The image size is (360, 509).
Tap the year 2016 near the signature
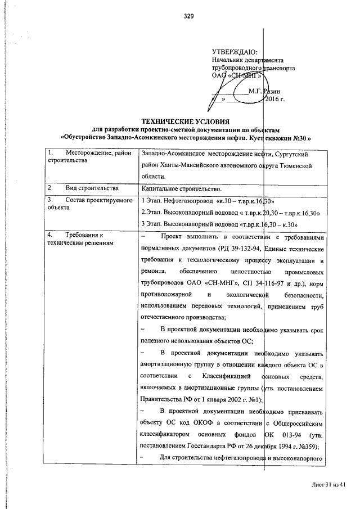275,100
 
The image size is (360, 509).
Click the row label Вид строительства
91,187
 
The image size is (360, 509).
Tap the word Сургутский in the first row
290,154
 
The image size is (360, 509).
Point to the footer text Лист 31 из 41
327,484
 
